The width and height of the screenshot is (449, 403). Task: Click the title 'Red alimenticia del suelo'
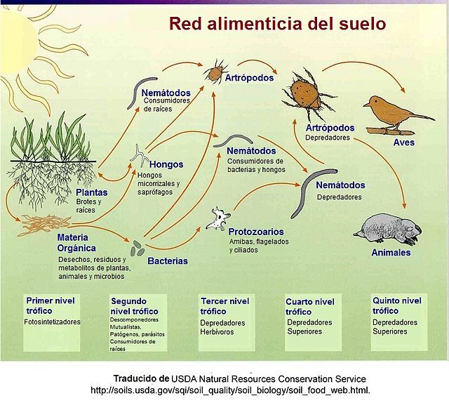click(x=277, y=23)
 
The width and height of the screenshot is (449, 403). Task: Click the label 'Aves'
click(x=404, y=143)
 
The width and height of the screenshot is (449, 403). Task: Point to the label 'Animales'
click(x=391, y=253)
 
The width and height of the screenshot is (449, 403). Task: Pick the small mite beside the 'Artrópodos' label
click(x=215, y=72)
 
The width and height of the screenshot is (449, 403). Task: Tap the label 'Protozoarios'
click(x=256, y=232)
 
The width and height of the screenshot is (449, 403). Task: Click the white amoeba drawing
click(x=218, y=219)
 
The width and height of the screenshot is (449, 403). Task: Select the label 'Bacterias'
click(x=168, y=261)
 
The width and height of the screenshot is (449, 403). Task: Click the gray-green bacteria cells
click(x=138, y=249)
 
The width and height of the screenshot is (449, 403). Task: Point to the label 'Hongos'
click(x=166, y=164)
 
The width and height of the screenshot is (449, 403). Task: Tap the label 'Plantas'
click(x=92, y=192)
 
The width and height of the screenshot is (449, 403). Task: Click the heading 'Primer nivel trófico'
click(x=51, y=305)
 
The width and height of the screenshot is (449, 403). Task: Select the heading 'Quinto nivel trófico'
click(x=397, y=305)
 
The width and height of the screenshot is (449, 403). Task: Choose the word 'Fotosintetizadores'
click(x=53, y=322)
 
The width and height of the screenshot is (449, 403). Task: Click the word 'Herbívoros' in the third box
click(x=217, y=332)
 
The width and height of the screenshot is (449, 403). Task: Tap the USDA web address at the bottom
click(x=231, y=390)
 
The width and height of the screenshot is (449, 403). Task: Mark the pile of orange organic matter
click(x=43, y=225)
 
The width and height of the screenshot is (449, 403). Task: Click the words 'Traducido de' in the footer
click(x=142, y=378)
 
